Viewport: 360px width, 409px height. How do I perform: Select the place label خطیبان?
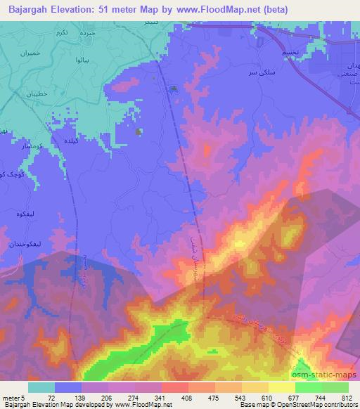36,93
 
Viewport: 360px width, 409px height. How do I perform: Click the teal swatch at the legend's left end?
41,387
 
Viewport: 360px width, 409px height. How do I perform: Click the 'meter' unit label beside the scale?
9,398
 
